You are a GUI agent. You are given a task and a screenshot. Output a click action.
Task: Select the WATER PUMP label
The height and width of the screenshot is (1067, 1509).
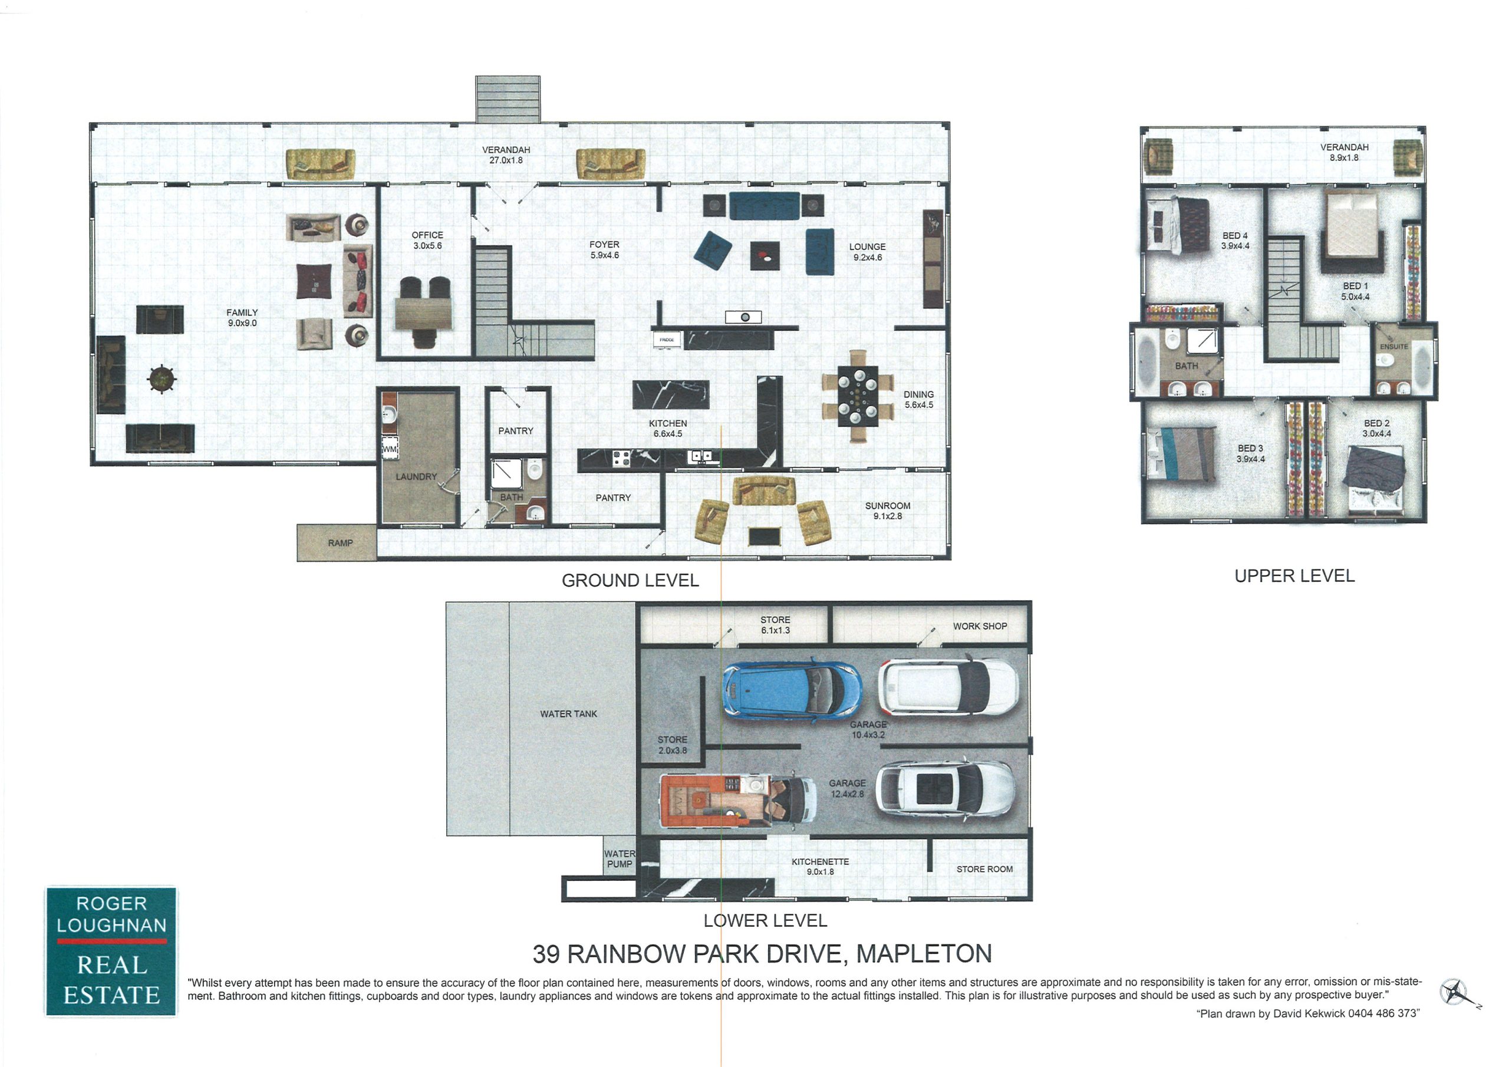(x=619, y=858)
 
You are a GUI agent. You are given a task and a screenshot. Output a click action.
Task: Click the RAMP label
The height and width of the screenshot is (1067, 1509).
(x=341, y=543)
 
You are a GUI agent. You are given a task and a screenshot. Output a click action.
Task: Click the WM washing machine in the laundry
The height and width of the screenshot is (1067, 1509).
(x=390, y=449)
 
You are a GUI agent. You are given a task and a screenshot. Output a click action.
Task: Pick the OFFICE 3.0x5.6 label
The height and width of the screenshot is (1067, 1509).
(x=427, y=240)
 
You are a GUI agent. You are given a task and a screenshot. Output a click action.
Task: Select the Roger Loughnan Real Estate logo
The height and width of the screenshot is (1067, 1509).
(x=111, y=951)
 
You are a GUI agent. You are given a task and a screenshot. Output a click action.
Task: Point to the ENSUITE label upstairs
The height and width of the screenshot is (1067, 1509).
(x=1394, y=347)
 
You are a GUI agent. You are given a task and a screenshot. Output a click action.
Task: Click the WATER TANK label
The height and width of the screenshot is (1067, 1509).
(x=568, y=714)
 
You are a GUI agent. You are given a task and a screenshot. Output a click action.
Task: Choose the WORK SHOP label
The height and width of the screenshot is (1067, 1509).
(x=980, y=627)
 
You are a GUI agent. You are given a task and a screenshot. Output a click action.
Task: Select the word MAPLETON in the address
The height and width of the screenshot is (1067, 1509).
(x=924, y=954)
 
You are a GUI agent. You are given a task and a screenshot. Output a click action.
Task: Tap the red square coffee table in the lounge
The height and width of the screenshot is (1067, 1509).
(x=765, y=256)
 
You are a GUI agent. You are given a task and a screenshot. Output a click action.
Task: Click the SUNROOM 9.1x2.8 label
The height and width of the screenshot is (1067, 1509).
(x=887, y=511)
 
